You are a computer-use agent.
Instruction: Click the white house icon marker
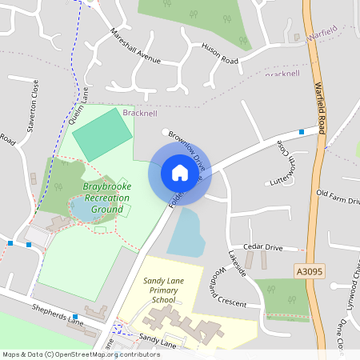(180, 172)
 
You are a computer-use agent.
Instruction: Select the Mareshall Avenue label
(136, 46)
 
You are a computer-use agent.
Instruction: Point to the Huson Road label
(220, 54)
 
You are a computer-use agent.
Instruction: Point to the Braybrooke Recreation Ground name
(107, 198)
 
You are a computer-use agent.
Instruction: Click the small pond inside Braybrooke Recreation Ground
(83, 210)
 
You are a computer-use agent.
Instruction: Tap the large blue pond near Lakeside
(185, 233)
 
